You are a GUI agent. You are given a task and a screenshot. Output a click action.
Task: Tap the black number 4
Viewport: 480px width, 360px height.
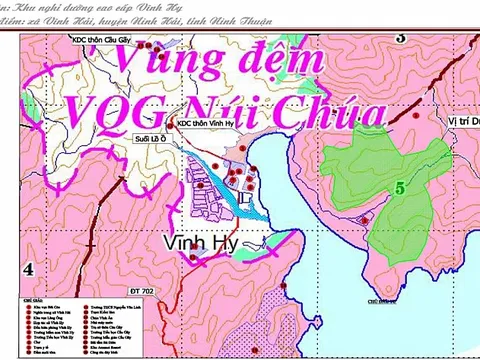click(x=27, y=269)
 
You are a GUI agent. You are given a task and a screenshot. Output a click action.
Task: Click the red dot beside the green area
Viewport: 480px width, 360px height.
click(x=366, y=219)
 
